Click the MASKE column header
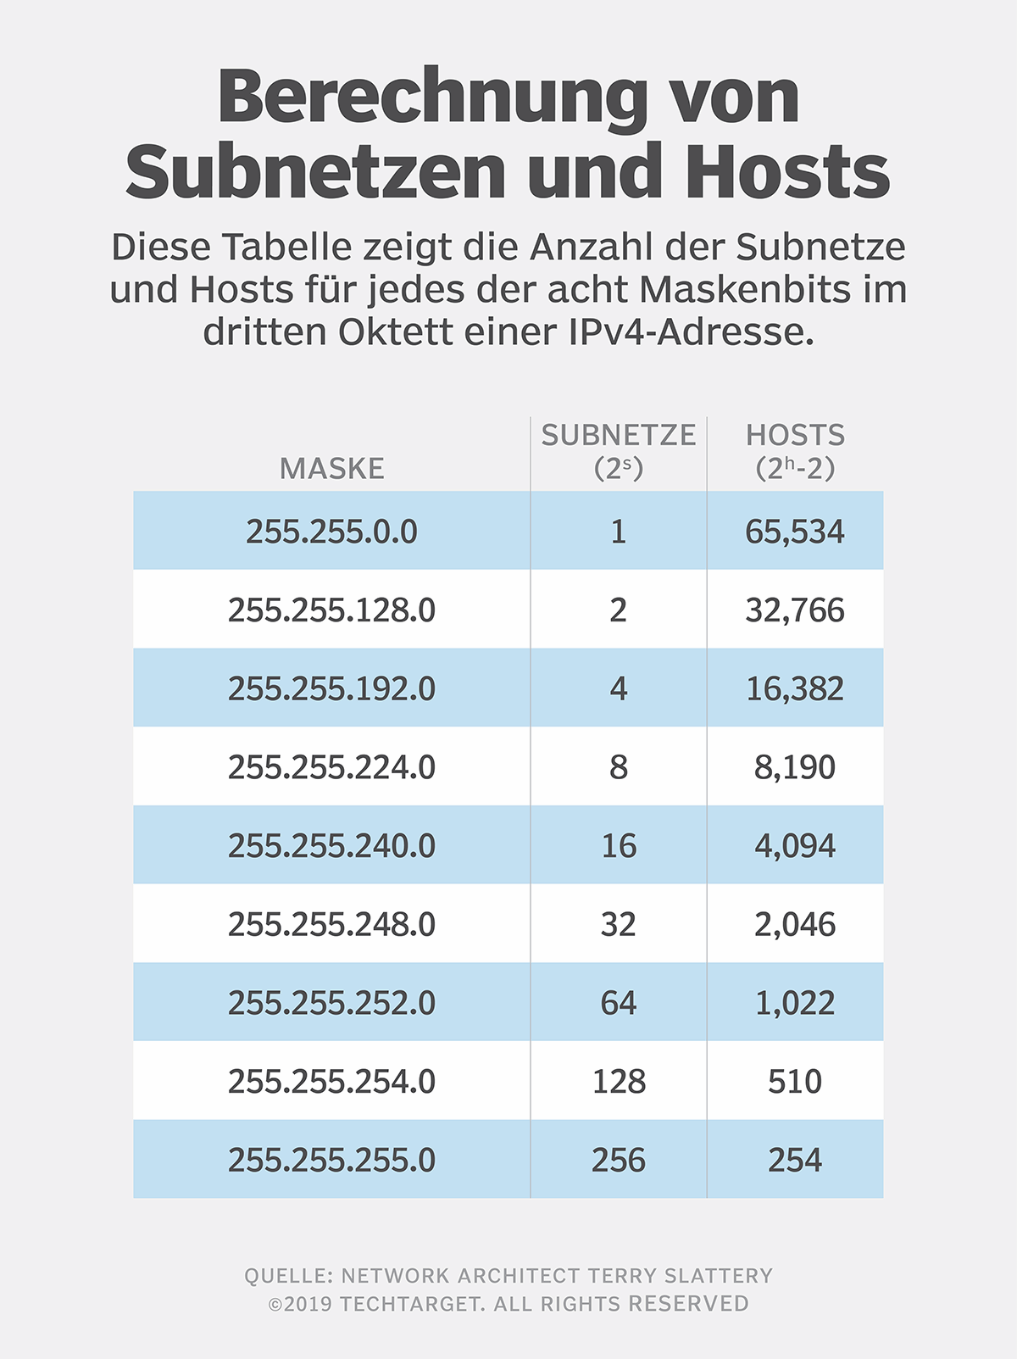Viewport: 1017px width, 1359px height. point(331,468)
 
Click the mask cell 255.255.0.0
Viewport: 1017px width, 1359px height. point(331,532)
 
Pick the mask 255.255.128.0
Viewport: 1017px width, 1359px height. point(331,610)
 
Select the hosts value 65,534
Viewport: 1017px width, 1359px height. point(795,532)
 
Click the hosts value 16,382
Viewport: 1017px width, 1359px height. point(795,688)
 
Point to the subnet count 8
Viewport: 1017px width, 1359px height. point(619,767)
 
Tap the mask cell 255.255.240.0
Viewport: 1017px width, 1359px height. point(331,846)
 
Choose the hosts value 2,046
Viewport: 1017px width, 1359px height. point(795,924)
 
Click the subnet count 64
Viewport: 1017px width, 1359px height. point(619,1003)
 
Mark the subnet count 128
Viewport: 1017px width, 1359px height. point(619,1082)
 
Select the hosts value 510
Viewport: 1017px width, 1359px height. point(795,1082)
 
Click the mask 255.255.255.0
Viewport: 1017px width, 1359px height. point(331,1160)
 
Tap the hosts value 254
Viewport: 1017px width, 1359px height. point(795,1160)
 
